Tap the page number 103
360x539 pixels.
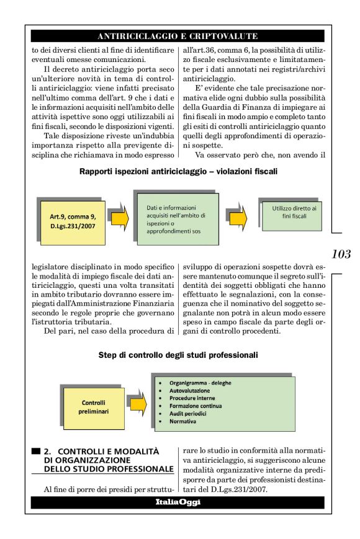[341, 254]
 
